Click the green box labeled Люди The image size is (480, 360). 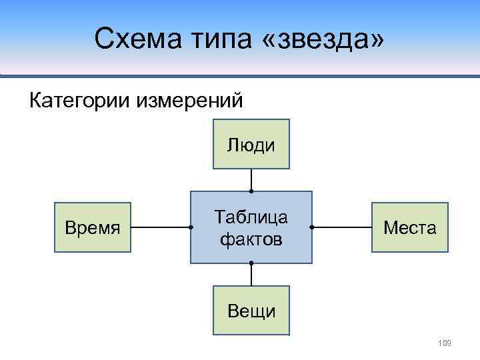coord(251,144)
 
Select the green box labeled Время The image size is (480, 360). coord(93,228)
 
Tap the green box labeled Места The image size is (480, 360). coord(410,228)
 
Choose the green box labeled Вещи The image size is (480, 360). coord(251,311)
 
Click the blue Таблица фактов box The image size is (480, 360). coord(251,227)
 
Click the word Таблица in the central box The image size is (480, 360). coord(251,217)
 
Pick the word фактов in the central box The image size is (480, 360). coord(251,238)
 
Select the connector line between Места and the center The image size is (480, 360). coord(341,228)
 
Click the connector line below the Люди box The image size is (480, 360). coord(251,179)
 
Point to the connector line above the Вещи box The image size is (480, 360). coord(251,275)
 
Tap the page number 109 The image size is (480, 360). coord(445,343)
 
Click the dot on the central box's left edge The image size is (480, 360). coord(191,228)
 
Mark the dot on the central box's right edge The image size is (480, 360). coord(312,228)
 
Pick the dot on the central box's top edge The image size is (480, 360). coord(251,191)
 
